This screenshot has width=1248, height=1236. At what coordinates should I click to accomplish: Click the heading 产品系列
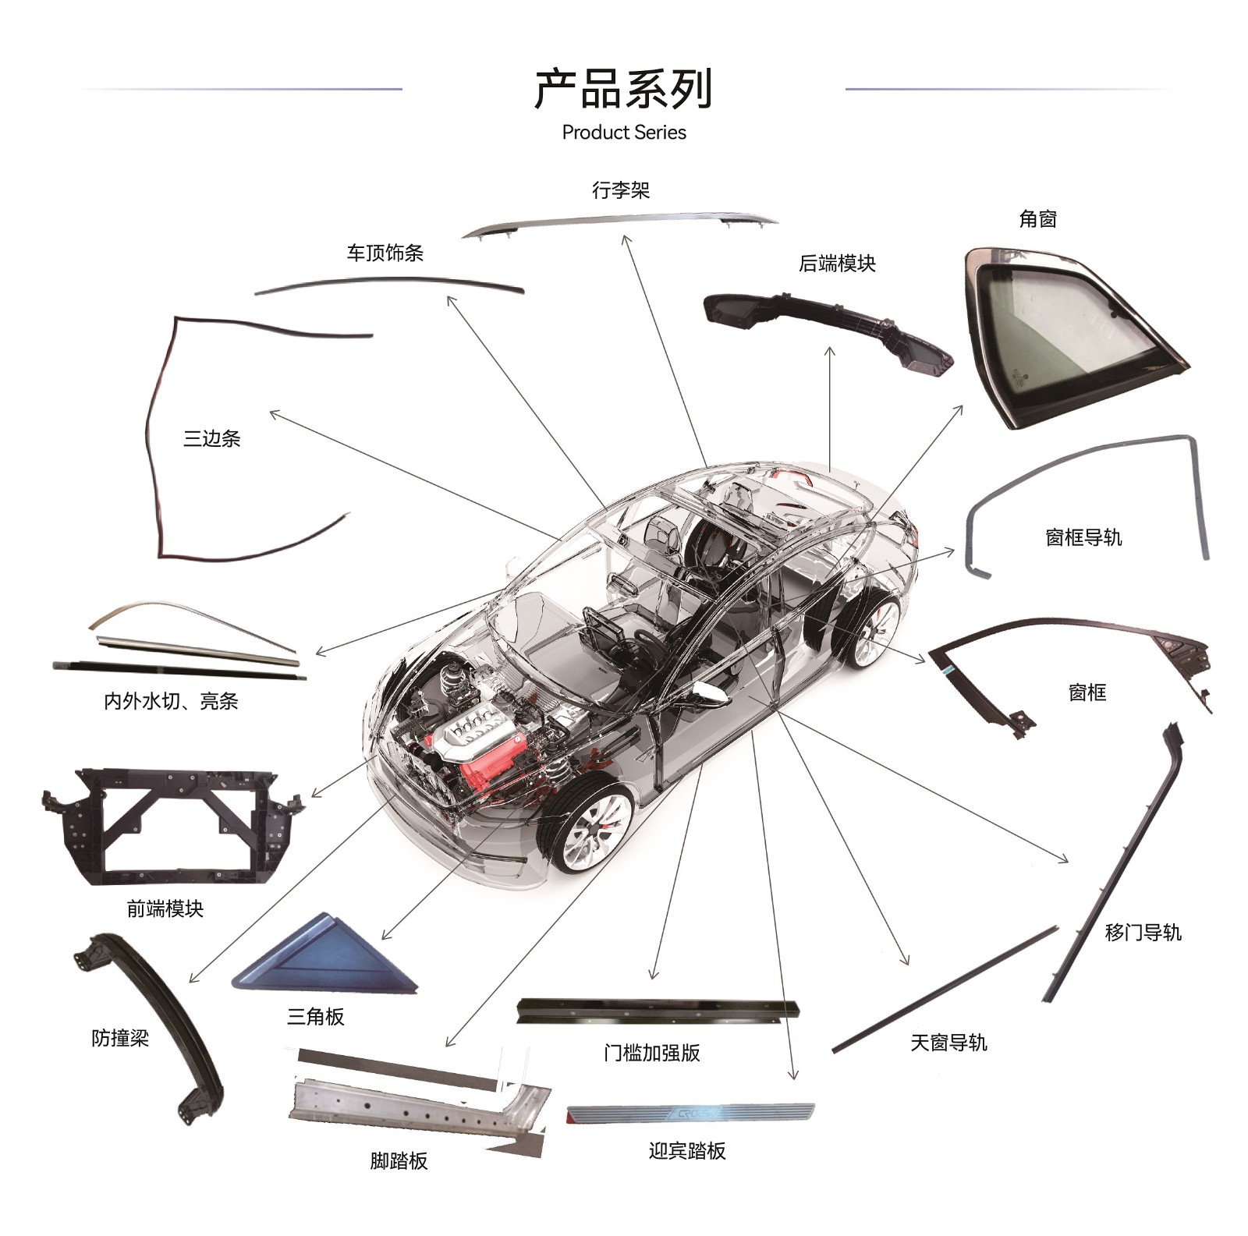tap(623, 89)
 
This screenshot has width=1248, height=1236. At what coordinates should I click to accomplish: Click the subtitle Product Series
tap(623, 133)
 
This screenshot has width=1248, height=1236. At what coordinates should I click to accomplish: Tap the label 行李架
tap(620, 190)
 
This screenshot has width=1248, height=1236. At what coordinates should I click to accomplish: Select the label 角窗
tap(1037, 219)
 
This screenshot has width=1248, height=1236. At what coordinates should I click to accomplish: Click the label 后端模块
tap(837, 264)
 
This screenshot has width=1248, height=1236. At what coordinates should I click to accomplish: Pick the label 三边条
tap(211, 438)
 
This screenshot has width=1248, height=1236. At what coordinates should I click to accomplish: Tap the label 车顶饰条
tap(385, 253)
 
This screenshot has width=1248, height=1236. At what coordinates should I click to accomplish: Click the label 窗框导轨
tap(1083, 537)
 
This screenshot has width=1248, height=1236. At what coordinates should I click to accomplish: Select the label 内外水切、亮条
tap(171, 701)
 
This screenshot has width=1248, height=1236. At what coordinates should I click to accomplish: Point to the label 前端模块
tap(165, 908)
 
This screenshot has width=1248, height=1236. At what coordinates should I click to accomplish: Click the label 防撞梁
tap(119, 1038)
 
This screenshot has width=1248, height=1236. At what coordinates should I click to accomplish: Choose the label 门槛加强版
tap(651, 1053)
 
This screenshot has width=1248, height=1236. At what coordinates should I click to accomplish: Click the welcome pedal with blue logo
tap(690, 1113)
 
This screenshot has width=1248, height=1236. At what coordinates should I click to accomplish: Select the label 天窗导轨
tap(948, 1043)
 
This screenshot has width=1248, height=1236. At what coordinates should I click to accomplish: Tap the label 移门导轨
tap(1142, 932)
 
